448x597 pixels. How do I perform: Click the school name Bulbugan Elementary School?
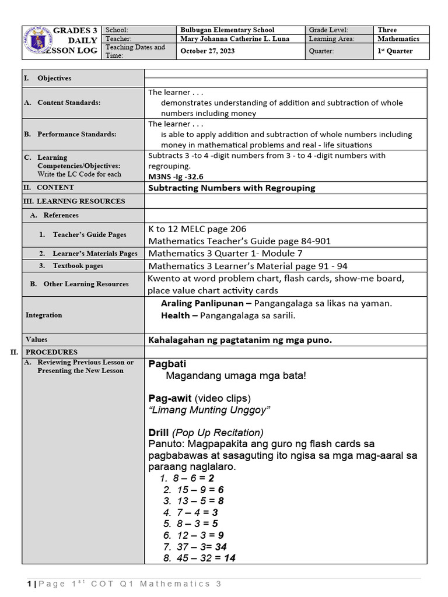228,30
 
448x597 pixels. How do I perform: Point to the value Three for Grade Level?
387,30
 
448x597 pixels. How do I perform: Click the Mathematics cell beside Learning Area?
398,39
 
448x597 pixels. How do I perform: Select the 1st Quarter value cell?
395,51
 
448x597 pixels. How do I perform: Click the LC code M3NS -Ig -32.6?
176,177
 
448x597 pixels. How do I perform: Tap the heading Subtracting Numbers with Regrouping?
232,188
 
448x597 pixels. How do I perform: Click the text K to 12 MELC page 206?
198,229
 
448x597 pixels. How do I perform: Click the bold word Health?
176,315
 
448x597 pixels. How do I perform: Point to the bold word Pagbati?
167,364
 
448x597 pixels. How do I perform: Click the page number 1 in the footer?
29,584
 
